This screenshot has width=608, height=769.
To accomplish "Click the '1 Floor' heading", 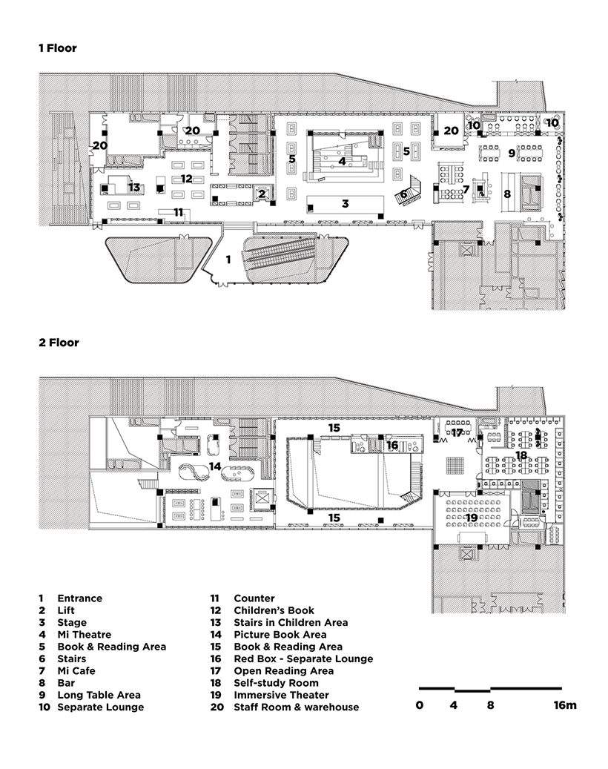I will coord(58,48).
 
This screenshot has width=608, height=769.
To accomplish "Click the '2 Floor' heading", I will coord(59,343).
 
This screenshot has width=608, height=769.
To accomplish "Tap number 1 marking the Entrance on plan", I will coord(228,260).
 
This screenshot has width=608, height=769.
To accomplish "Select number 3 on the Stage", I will coord(345,202).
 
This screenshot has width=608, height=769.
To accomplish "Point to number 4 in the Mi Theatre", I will coord(342,160).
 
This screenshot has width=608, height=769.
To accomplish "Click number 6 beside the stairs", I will coord(403,194).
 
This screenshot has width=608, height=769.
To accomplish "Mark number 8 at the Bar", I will coord(507,194).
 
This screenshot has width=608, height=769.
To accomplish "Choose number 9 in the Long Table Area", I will coord(512,154).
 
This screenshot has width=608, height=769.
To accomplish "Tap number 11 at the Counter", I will coord(178,212).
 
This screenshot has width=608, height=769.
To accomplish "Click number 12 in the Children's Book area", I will coord(186,179).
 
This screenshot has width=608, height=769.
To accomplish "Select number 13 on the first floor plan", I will coord(133,187).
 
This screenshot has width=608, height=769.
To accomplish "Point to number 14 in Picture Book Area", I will coord(215,466).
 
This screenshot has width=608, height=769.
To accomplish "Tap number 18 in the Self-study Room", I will coord(521,455).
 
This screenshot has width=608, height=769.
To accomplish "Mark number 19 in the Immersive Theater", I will coord(472,496).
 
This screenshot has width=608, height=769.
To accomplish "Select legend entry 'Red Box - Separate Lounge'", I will coord(303,659).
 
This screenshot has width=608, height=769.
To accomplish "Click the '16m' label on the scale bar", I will coord(565,705).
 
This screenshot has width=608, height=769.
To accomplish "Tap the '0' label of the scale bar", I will coord(420,705).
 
